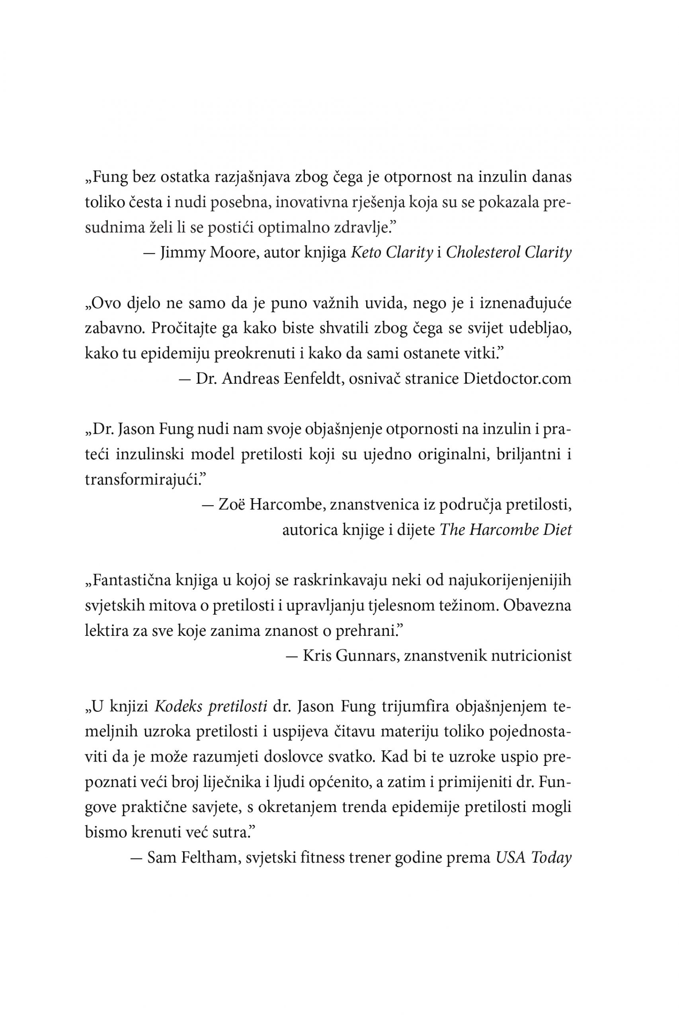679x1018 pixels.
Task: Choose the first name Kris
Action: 316,656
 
